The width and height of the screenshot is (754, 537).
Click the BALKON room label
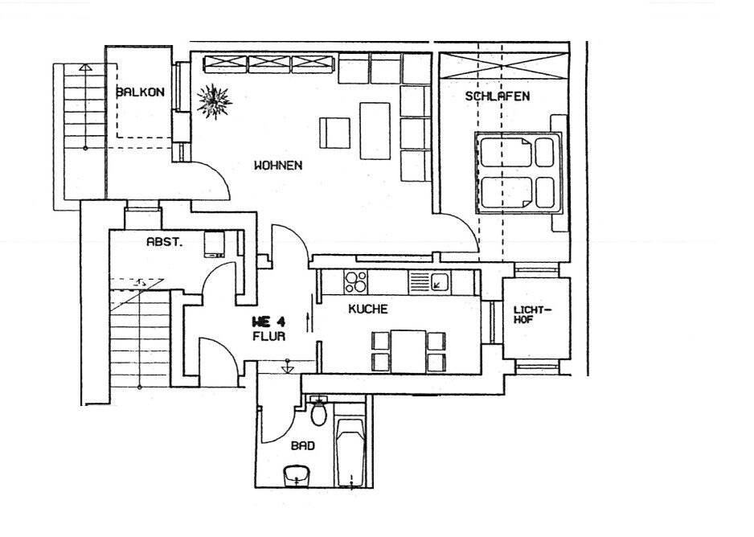click(140, 92)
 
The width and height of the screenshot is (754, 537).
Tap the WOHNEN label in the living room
click(278, 166)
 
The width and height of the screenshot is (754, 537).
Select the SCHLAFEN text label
click(497, 96)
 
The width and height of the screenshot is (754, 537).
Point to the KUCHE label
click(369, 309)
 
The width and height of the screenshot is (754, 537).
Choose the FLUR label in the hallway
click(268, 337)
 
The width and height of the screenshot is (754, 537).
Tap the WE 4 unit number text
click(269, 322)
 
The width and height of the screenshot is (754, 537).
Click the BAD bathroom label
click(303, 445)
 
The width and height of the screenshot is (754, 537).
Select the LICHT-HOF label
click(531, 314)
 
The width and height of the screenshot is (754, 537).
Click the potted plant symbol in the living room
click(215, 101)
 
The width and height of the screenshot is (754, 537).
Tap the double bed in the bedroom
click(517, 173)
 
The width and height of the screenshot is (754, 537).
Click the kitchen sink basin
click(439, 281)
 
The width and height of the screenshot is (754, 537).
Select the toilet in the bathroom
click(319, 412)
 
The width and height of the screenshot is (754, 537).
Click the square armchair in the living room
click(334, 133)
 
